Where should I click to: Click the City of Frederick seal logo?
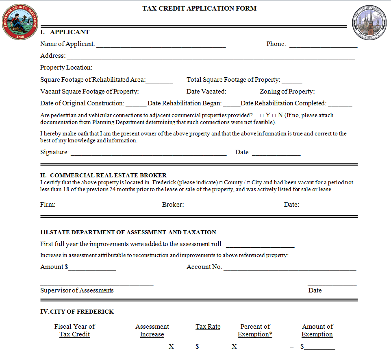tap(369, 22)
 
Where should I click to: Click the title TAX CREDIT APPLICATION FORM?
tap(199, 8)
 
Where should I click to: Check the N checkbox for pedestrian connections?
tap(274, 116)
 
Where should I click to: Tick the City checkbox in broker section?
tap(249, 183)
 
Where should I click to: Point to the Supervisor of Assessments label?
tap(77, 290)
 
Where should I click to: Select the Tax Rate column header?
tap(208, 327)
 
